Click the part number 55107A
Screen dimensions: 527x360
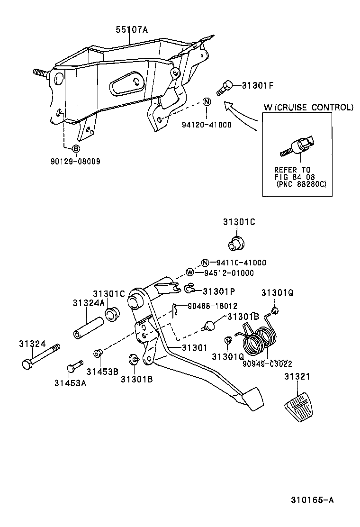pyautogui.click(x=132, y=29)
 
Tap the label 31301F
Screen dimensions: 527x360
pyautogui.click(x=259, y=86)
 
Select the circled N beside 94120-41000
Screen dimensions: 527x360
pyautogui.click(x=207, y=102)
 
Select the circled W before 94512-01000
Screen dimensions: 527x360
pyautogui.click(x=190, y=273)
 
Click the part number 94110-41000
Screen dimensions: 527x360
pyautogui.click(x=241, y=263)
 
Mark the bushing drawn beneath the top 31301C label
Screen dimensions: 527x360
pyautogui.click(x=235, y=244)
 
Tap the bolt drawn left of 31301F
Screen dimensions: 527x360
pyautogui.click(x=225, y=88)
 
